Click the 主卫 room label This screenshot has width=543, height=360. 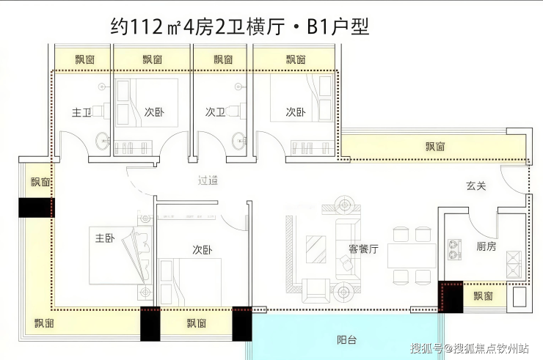coord(81,113)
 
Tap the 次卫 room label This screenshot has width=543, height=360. coord(214,112)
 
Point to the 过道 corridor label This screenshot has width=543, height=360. coord(208,180)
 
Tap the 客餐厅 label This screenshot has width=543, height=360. coord(363,249)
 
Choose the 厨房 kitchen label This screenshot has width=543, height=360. coord(486,246)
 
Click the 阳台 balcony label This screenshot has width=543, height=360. coord(347,339)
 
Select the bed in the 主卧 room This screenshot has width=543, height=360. coord(117,257)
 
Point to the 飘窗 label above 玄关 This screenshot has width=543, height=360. coord(435,146)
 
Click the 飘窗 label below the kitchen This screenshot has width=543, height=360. coord(484,296)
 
